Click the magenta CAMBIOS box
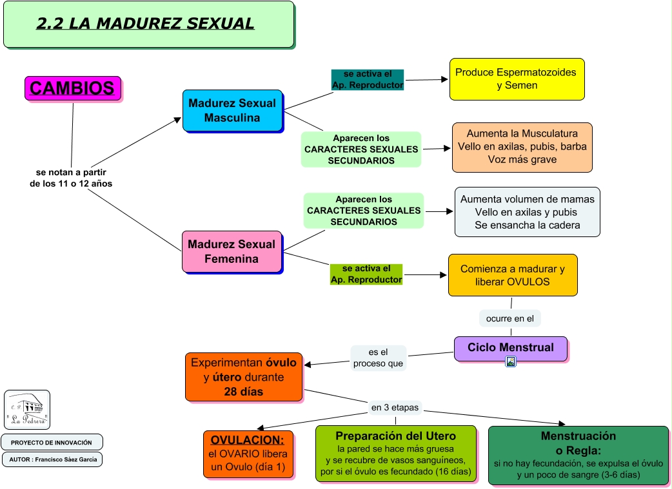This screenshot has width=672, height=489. (72, 88)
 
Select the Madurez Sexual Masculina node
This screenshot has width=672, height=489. (232, 111)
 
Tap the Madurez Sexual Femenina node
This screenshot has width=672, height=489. (232, 251)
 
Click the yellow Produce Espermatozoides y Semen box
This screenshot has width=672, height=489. (517, 79)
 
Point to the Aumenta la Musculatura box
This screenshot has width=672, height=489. (522, 147)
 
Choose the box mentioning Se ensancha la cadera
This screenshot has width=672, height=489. (527, 212)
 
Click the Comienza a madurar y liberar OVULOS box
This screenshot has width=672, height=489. (512, 275)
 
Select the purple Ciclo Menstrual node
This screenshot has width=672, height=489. (510, 348)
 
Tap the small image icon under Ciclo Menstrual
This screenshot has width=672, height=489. (510, 362)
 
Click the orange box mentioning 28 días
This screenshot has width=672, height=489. (243, 377)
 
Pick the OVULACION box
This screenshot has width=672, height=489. (248, 454)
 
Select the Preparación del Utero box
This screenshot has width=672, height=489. (395, 454)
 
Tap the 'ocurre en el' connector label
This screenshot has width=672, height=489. (509, 318)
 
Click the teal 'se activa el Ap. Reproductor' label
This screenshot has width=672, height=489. (367, 79)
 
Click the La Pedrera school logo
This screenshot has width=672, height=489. (27, 410)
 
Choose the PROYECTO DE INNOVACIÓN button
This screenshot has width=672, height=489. (52, 443)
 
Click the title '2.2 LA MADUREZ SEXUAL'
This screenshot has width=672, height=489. (146, 24)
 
